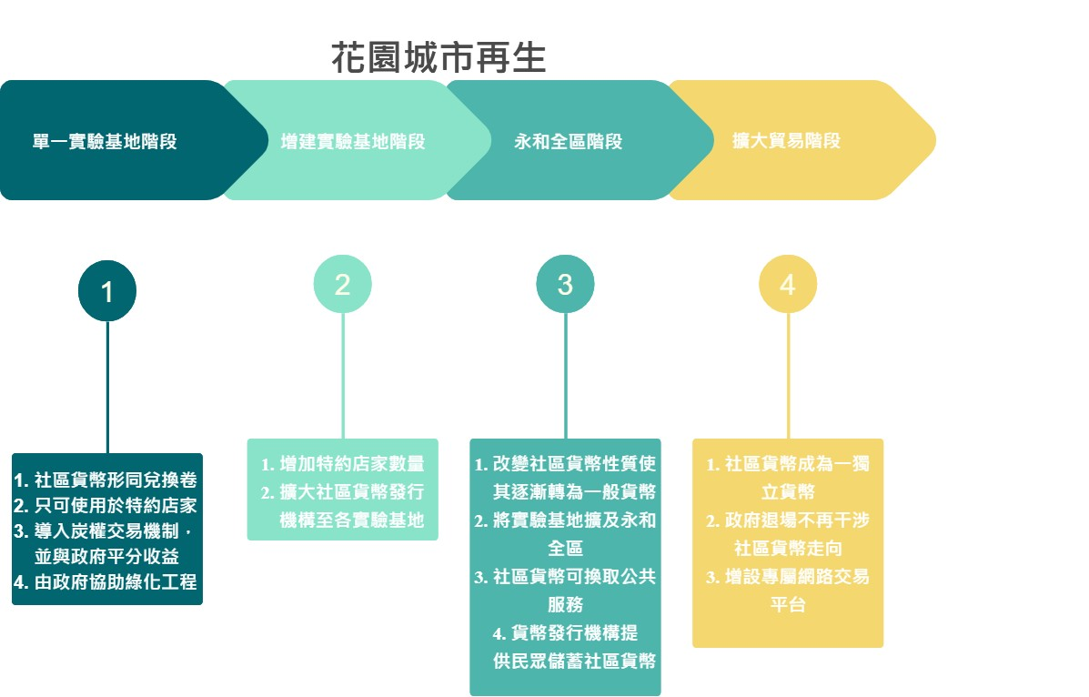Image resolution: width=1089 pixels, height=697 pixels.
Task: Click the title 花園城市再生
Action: (x=439, y=57)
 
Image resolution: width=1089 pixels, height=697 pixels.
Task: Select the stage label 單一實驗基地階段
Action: (x=105, y=142)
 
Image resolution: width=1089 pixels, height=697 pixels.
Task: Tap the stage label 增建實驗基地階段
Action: (x=353, y=142)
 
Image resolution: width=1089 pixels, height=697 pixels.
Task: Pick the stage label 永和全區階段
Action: (x=569, y=142)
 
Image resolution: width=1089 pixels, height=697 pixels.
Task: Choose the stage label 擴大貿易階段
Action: (x=786, y=141)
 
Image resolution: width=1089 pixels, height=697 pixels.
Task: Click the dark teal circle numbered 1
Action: (x=107, y=292)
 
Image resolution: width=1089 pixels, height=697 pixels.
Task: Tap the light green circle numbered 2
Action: (x=342, y=285)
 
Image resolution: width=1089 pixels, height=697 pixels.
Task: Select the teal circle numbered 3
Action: (x=565, y=285)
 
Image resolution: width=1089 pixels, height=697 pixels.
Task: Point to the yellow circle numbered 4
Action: (x=788, y=285)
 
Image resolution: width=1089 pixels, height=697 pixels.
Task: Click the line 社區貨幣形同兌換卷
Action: (x=106, y=480)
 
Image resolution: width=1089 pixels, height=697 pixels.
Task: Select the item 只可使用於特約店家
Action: (x=106, y=506)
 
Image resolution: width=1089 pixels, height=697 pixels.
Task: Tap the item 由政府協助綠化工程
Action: (x=106, y=582)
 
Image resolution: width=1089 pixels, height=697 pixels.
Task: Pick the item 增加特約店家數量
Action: (x=343, y=465)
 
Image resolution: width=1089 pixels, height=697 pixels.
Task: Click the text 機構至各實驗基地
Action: (x=353, y=521)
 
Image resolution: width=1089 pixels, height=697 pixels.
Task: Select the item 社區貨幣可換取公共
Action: (x=566, y=577)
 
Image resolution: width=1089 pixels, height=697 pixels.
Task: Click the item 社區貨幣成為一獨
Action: (x=788, y=465)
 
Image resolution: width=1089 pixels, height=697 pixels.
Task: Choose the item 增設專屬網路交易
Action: (x=788, y=577)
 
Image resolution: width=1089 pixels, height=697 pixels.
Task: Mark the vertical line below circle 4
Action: (x=788, y=377)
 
